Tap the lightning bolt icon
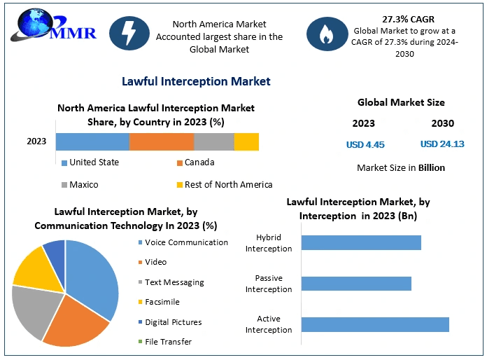[129, 33]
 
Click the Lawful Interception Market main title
[196, 81]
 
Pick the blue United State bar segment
[92, 141]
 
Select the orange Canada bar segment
[161, 141]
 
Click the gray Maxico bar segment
[213, 141]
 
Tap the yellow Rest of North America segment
[246, 141]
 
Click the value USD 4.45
[365, 145]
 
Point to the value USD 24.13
[442, 145]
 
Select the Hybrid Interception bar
[361, 242]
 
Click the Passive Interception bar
[356, 283]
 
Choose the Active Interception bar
[375, 324]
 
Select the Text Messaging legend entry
[174, 282]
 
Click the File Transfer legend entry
[168, 342]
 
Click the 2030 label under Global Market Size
[442, 123]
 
